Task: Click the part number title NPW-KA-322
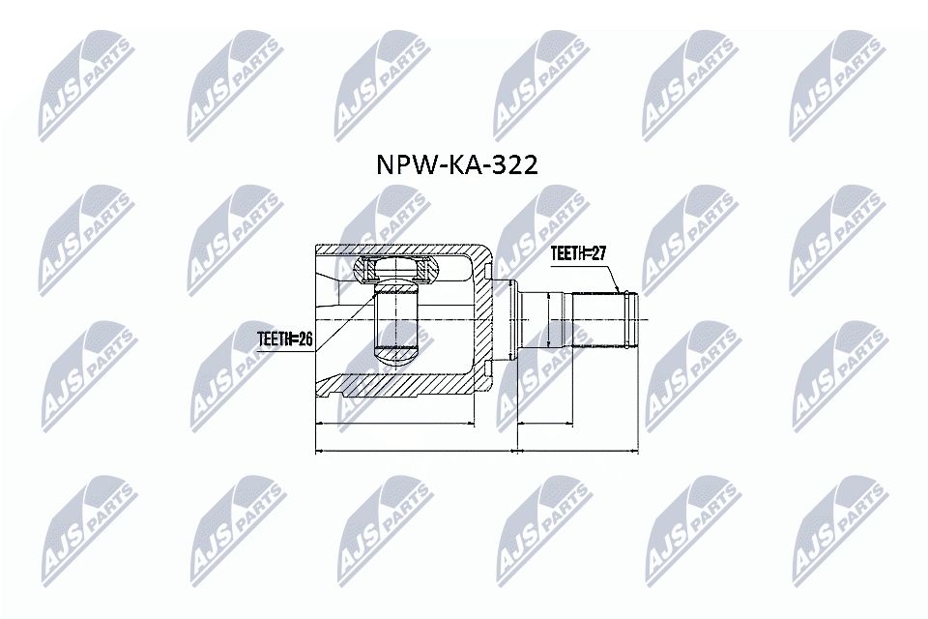[456, 164]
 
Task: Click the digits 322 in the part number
[512, 164]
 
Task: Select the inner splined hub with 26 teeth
[393, 319]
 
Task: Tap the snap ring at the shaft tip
[631, 318]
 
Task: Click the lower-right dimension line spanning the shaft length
[578, 451]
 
